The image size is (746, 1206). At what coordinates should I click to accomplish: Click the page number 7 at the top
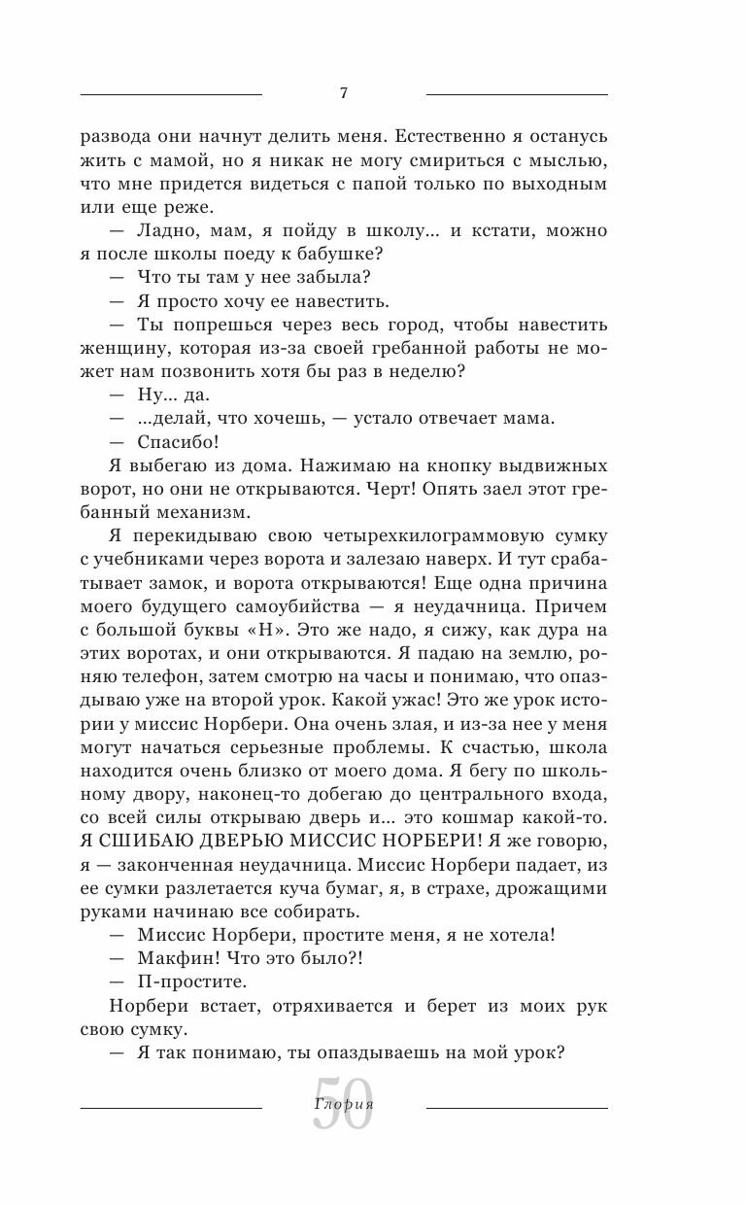pyautogui.click(x=344, y=94)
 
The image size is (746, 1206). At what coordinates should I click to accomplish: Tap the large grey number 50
pyautogui.click(x=343, y=1104)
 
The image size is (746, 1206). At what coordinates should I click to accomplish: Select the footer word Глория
pyautogui.click(x=345, y=1104)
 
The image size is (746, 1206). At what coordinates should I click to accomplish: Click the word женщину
pyautogui.click(x=121, y=348)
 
